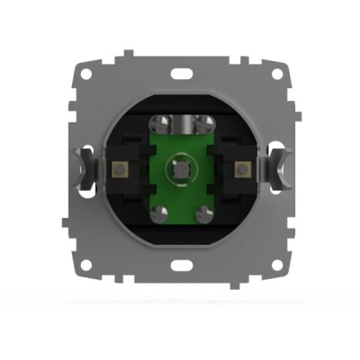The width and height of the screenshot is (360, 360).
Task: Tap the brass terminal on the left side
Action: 118,169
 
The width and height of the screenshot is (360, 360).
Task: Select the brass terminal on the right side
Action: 242,169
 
